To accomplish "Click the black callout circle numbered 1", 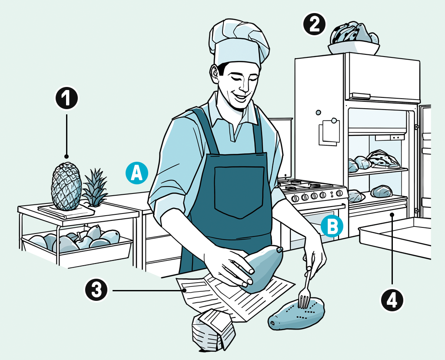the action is [66, 98].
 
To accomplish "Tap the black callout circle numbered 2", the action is [315, 25].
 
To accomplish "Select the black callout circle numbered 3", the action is [96, 290].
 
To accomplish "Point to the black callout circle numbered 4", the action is [392, 300].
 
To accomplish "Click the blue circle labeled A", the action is [137, 173].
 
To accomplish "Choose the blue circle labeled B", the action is [332, 226].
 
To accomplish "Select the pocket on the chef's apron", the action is [240, 192].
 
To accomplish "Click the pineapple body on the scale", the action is [66, 186].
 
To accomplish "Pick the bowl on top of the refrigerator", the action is [354, 48].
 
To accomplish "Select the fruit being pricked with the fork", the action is [296, 313].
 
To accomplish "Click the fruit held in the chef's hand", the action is [262, 268].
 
